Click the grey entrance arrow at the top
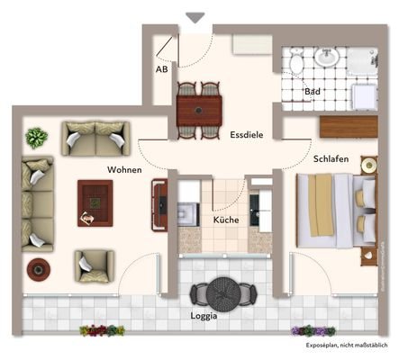pos(195,16)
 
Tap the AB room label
pos(162,69)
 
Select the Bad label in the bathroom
pos(313,93)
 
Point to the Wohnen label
pos(124,168)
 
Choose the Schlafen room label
pos(331,159)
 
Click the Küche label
pos(225,220)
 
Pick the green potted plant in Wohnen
pos(36,138)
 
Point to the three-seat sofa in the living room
pos(36,204)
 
